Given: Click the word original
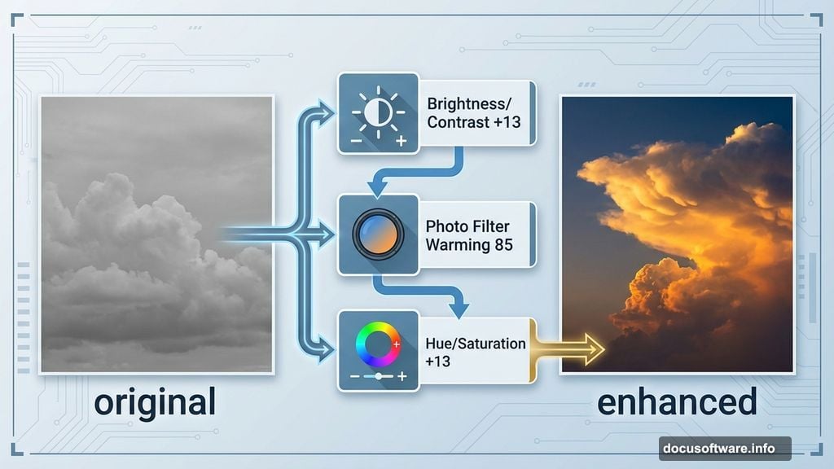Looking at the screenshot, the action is [x=155, y=403].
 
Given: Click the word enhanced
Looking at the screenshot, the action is [x=677, y=402].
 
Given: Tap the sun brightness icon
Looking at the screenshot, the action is [x=378, y=112].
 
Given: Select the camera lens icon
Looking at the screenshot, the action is [x=378, y=234].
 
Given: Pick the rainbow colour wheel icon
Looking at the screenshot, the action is [x=378, y=344].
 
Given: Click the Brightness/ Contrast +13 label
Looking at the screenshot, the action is [x=473, y=112].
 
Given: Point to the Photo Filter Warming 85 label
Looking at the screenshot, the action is [x=468, y=235].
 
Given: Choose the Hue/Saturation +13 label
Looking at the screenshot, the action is [x=475, y=352].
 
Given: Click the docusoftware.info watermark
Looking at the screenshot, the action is [x=718, y=449].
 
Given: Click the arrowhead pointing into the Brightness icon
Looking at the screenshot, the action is [x=325, y=112].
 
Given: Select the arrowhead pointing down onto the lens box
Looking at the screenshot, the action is [x=378, y=188].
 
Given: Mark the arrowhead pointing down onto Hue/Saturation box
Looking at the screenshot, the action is [x=459, y=309].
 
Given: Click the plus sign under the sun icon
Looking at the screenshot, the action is [x=402, y=141].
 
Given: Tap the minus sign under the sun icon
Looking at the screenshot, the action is [x=357, y=142].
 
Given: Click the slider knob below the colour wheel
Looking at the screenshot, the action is [x=378, y=376].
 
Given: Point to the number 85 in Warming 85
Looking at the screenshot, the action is [x=503, y=244].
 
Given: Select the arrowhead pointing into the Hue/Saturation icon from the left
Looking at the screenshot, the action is [x=325, y=350].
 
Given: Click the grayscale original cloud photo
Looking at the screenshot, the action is [x=157, y=234].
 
